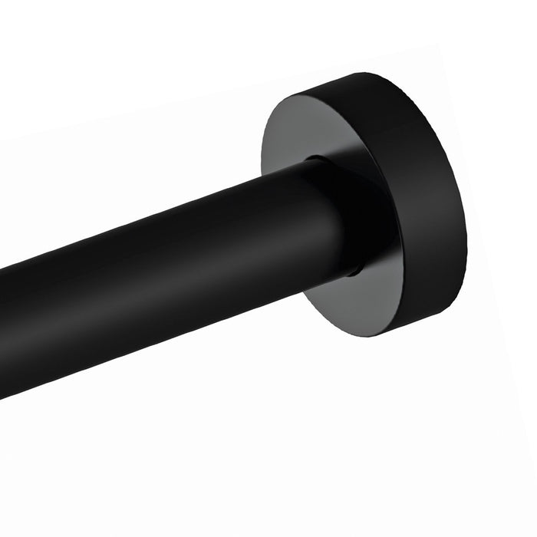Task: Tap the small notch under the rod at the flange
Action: point(354,271)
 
